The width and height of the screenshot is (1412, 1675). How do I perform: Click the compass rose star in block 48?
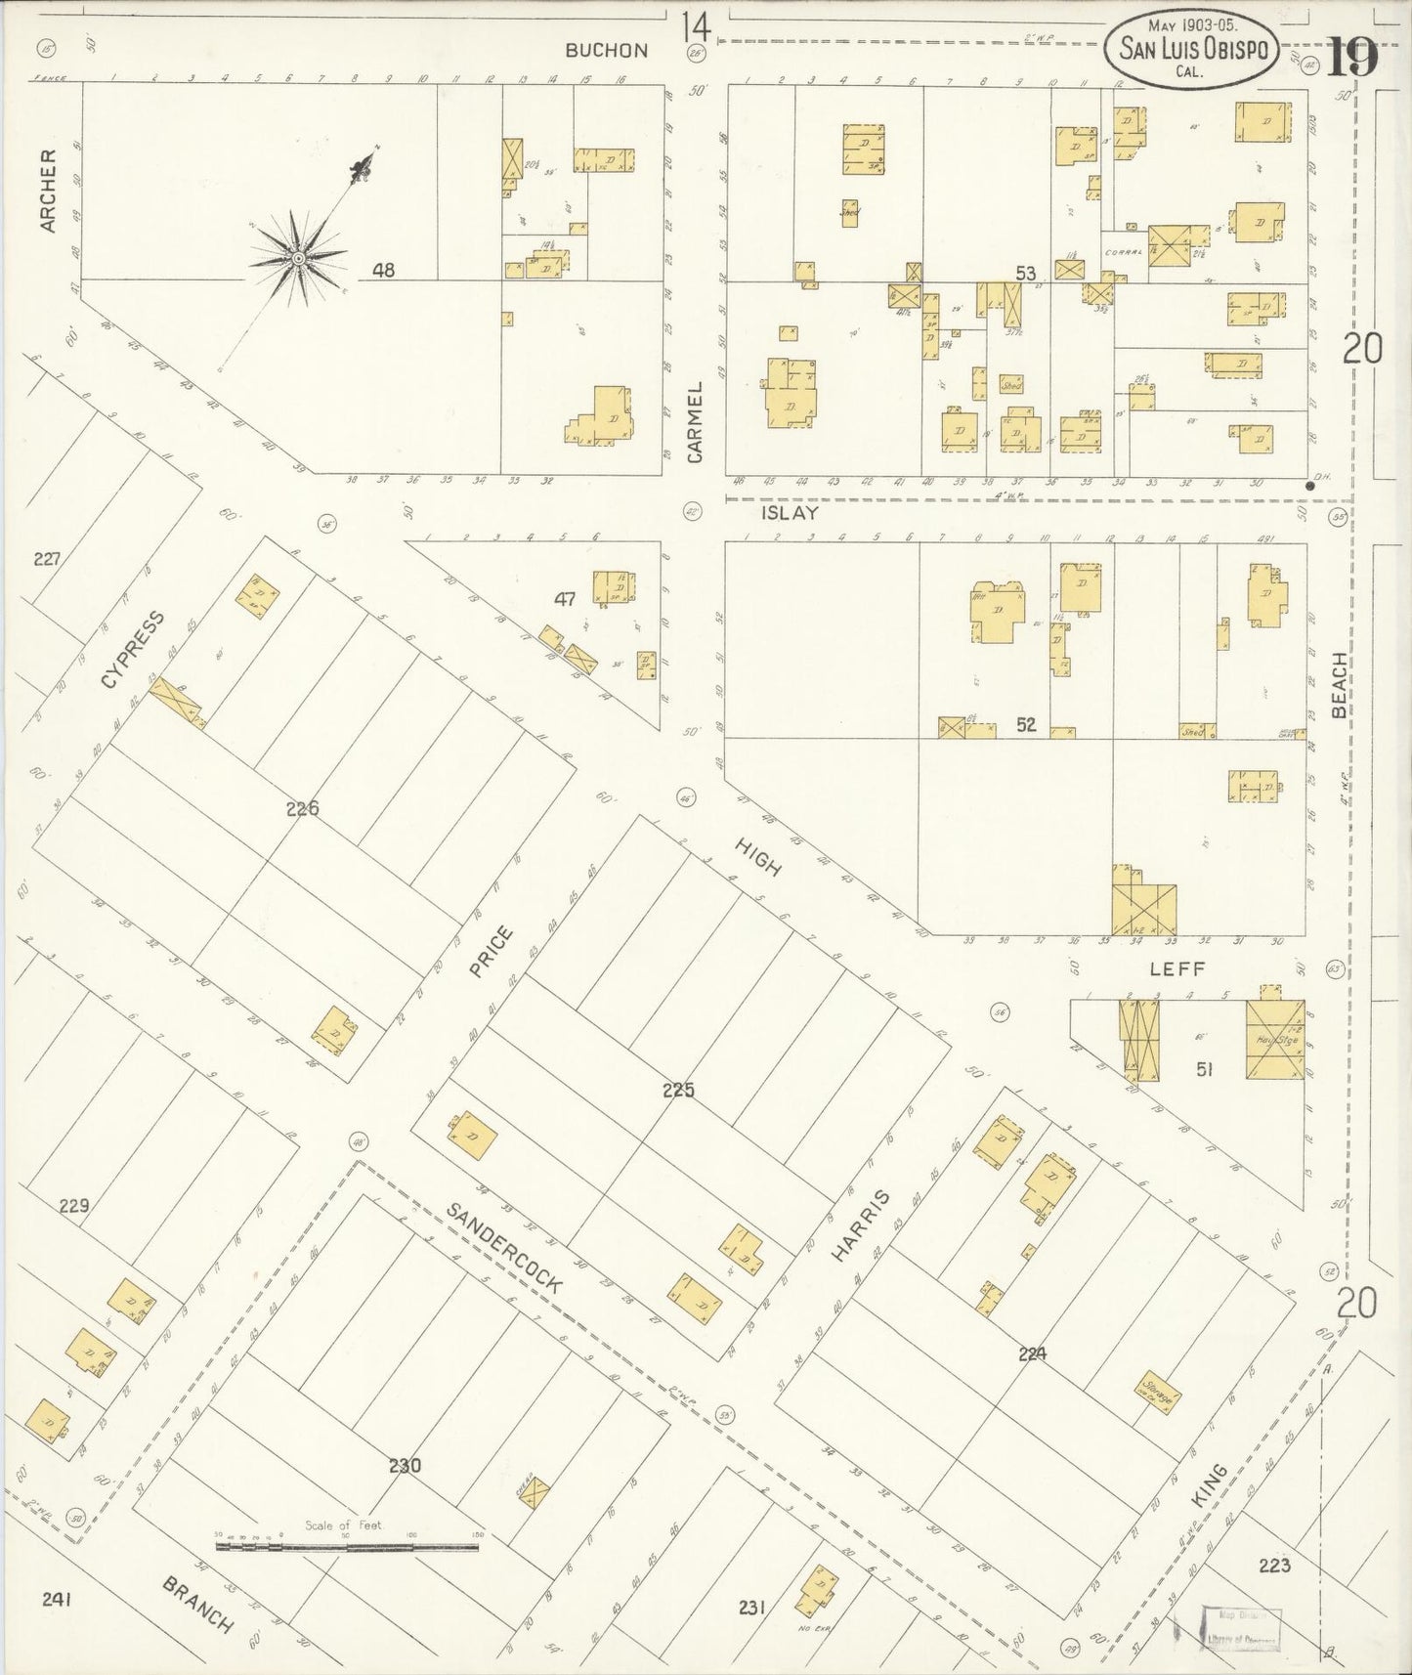[298, 259]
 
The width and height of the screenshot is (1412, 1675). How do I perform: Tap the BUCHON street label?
[606, 51]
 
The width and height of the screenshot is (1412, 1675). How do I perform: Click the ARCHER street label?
[49, 190]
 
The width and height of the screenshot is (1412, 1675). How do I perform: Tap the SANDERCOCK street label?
[504, 1247]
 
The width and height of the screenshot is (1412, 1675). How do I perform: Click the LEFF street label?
[1177, 968]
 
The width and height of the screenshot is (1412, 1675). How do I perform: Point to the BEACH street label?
[1340, 684]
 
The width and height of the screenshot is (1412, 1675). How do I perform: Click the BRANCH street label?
[198, 1604]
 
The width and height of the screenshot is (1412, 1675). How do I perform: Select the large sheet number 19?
[1352, 59]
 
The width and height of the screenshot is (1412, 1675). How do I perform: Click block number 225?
[677, 1090]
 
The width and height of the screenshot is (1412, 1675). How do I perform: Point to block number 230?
[404, 1465]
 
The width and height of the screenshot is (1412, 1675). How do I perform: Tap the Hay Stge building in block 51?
[1275, 1040]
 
